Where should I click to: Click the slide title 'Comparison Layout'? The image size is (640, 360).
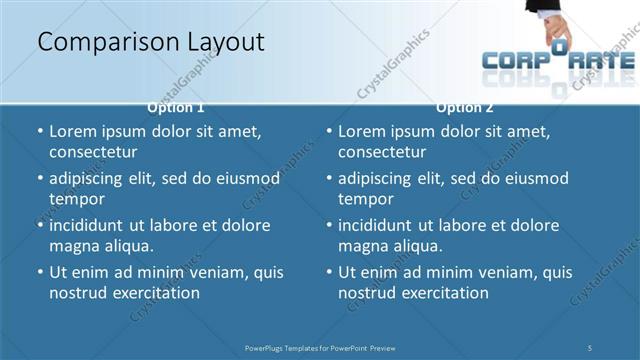click(x=151, y=42)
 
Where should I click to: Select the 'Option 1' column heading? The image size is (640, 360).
click(x=176, y=107)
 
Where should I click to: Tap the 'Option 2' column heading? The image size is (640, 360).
click(x=465, y=107)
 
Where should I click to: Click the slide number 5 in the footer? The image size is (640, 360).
click(x=590, y=347)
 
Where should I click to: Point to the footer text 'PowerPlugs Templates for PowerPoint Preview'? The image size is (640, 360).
click(x=320, y=347)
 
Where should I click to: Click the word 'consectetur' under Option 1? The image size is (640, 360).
click(x=93, y=152)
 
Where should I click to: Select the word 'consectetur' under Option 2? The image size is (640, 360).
click(x=382, y=152)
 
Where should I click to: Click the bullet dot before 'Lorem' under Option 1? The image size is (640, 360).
click(x=40, y=132)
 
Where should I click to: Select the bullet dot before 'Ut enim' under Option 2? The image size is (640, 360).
click(x=329, y=272)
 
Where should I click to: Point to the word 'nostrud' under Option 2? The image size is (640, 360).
click(x=366, y=293)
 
